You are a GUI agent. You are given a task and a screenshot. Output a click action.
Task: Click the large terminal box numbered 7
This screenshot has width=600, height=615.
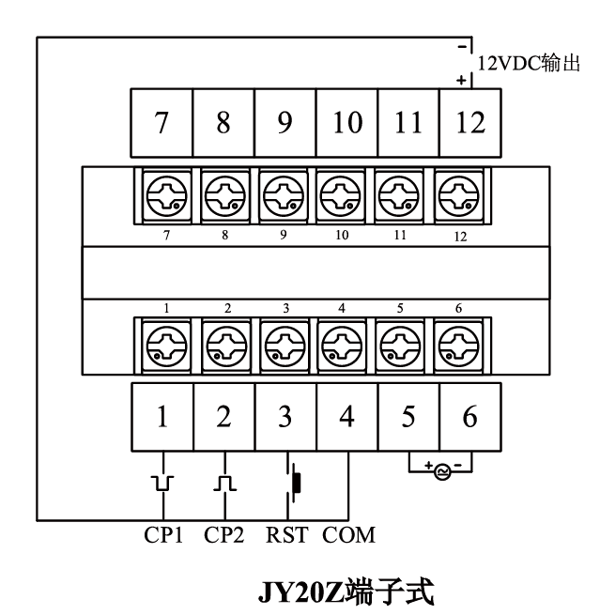coord(162,123)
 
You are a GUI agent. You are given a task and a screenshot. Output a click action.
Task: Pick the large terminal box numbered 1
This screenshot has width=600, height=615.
coord(162,416)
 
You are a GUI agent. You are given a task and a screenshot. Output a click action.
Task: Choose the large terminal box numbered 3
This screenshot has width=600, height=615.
coord(285,416)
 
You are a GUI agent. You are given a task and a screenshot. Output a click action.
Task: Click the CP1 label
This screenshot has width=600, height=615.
coord(163,536)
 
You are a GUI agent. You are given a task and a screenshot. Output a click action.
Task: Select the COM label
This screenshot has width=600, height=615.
coord(349,536)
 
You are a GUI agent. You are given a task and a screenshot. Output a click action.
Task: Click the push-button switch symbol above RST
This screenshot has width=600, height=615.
coord(295,482)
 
